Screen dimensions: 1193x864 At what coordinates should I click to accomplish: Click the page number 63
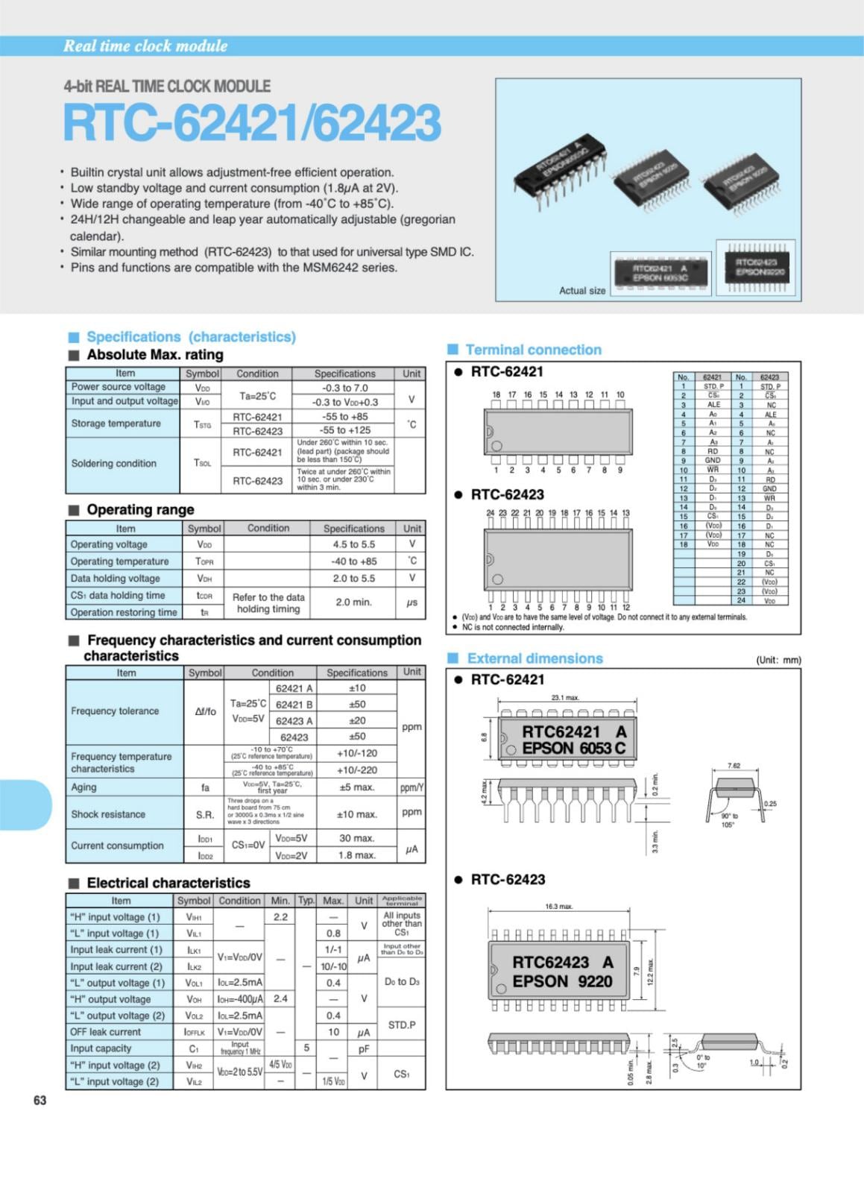(x=40, y=1101)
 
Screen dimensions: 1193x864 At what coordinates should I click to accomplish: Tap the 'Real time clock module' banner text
(x=145, y=46)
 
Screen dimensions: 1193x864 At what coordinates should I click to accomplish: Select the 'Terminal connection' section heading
(x=533, y=350)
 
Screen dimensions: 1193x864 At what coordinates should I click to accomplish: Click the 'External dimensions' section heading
(x=535, y=658)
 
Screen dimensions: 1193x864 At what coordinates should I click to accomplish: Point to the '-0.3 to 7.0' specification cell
(x=344, y=388)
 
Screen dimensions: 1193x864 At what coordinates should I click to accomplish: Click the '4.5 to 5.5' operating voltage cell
(x=353, y=544)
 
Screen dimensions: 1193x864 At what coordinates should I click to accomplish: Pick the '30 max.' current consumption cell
(x=356, y=838)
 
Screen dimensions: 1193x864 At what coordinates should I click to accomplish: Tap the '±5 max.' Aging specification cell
(x=356, y=787)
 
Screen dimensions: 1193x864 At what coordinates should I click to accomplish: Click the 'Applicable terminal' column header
(x=402, y=900)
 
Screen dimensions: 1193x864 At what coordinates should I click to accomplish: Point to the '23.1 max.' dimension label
(x=565, y=698)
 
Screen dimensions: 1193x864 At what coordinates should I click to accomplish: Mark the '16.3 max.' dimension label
(x=559, y=907)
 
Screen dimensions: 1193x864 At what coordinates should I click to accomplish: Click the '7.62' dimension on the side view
(x=734, y=766)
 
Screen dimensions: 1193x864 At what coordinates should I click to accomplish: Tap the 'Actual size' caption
(x=582, y=291)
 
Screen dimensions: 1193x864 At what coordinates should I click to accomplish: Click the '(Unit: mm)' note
(x=778, y=660)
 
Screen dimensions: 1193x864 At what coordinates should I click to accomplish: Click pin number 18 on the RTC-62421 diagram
(x=496, y=394)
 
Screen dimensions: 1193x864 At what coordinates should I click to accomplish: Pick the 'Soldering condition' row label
(x=113, y=463)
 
